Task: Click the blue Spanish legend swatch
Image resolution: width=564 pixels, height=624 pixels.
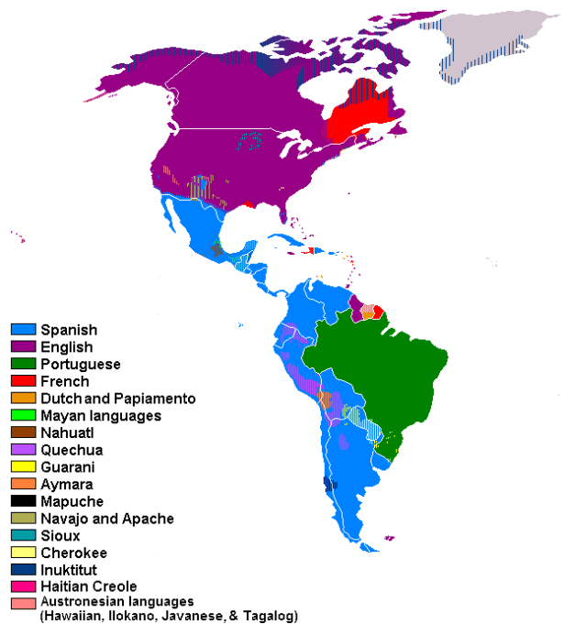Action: [24, 330]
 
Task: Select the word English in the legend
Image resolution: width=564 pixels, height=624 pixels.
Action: [66, 347]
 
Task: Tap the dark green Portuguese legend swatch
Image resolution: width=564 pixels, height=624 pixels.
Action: [24, 365]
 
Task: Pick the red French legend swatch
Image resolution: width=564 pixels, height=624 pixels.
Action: [24, 381]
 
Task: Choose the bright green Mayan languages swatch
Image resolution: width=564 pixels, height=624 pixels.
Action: [24, 416]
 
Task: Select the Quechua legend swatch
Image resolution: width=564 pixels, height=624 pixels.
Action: [24, 450]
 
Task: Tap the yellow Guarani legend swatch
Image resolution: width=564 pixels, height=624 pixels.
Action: [24, 467]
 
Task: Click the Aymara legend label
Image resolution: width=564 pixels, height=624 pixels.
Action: [65, 484]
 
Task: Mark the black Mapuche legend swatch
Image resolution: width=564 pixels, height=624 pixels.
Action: [24, 501]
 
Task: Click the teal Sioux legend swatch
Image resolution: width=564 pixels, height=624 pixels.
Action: [24, 535]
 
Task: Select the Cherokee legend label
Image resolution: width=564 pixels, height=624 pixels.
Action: [72, 553]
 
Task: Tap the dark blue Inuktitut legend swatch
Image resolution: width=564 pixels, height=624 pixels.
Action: [24, 570]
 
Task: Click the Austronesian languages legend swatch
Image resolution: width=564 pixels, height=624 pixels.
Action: [24, 604]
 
